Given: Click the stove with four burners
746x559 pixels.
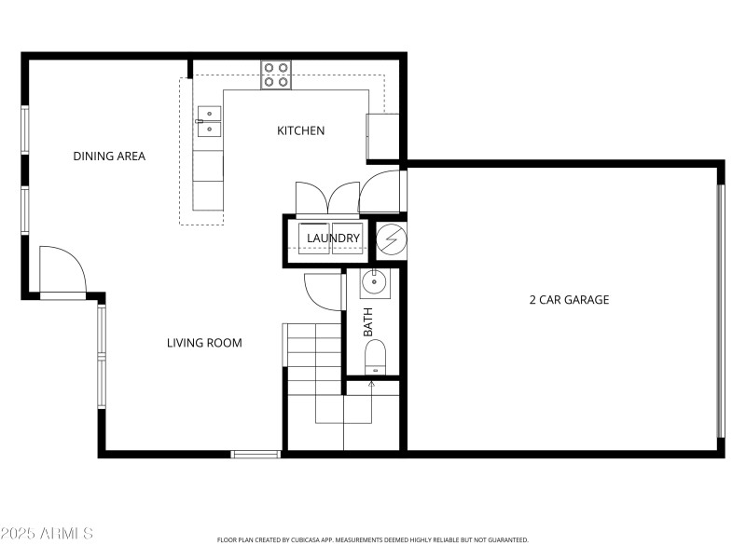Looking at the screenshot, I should point(275,75).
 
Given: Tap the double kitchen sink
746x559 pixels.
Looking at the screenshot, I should point(209,121).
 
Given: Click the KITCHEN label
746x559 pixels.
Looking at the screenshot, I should point(300,130).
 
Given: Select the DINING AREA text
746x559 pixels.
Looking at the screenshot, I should point(109,156).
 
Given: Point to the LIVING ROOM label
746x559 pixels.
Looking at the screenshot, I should point(204,343).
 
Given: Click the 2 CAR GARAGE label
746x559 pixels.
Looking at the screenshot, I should point(569,300).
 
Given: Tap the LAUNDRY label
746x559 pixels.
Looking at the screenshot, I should point(333,239).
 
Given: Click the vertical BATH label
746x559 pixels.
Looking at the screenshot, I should point(367,321).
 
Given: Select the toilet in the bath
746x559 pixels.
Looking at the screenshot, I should point(374,357).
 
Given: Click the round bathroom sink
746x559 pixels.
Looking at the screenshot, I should point(375,280).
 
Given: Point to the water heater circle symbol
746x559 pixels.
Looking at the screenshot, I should point(391,240).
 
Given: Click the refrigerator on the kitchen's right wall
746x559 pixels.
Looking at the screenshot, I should point(382,136).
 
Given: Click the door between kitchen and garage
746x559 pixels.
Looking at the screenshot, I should point(382,191).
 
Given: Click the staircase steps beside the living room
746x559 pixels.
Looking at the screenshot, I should point(313,359).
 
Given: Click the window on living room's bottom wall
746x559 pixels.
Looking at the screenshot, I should point(256,454).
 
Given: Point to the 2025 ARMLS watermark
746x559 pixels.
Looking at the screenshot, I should point(47,534).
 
